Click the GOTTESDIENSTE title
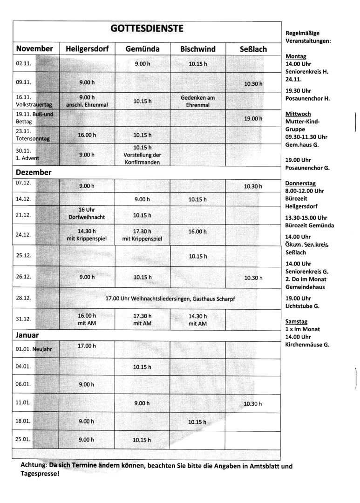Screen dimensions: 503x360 pos(147,29)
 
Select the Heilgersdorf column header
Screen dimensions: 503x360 pos(87,48)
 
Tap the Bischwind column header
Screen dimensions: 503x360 pos(197,48)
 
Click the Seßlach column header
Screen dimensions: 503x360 pos(253,48)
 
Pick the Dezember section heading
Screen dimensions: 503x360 pos(34,172)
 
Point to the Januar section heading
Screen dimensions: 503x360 pos(27,335)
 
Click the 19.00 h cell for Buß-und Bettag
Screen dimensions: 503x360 pos(253,119)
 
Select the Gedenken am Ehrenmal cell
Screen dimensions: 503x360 pos(197,101)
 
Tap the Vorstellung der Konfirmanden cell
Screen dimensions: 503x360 pos(143,155)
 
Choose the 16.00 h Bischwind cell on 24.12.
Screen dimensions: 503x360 pos(197,231)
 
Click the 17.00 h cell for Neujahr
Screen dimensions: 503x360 pos(87,346)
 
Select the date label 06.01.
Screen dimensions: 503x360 pos(23,384)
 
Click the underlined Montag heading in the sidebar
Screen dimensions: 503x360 pos(295,56)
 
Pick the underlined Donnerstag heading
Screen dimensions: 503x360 pos(300,183)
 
